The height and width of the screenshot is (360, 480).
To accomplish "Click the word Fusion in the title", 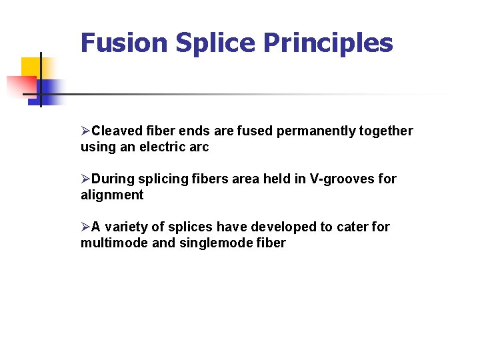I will (x=124, y=43).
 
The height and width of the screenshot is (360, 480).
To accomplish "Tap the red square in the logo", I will (x=20, y=86).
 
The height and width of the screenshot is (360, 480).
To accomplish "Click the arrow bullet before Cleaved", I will (x=85, y=131).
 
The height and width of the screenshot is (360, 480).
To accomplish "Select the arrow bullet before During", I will (x=85, y=179).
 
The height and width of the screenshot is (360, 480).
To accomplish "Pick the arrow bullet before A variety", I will (x=85, y=227).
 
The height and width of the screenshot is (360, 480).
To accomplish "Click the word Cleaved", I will (x=116, y=131).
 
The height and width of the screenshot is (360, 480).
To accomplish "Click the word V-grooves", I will (x=343, y=179).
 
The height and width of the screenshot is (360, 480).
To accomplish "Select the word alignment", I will (x=112, y=195).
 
